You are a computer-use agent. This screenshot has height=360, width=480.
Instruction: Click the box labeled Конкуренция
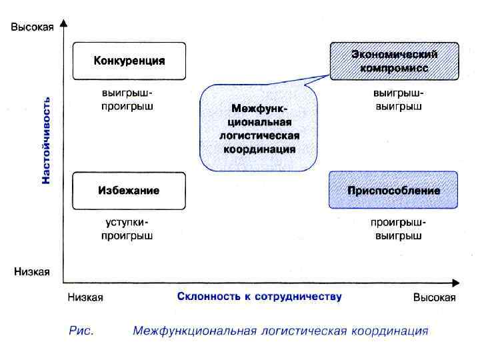[x=129, y=61]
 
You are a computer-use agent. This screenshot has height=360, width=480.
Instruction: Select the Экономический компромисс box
[x=394, y=61]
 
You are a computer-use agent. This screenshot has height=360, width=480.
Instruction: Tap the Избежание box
[x=129, y=190]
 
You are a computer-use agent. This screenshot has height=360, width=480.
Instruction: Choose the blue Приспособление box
[x=393, y=190]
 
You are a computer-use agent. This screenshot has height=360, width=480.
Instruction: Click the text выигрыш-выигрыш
[x=398, y=100]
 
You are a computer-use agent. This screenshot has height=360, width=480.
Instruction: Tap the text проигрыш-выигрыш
[x=398, y=229]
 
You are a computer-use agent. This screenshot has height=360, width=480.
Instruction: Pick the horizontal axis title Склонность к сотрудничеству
[x=259, y=297]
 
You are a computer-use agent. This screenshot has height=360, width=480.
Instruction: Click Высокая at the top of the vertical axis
[x=31, y=27]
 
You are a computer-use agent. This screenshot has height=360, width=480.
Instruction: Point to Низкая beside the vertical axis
[x=31, y=272]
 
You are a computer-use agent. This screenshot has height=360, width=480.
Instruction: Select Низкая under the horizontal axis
[x=85, y=297]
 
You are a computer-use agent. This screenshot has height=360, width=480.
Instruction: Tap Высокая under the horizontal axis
[x=434, y=297]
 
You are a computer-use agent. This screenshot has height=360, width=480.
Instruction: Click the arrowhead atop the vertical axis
[x=63, y=23]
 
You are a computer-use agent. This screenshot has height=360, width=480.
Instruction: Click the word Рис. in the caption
[x=81, y=331]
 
